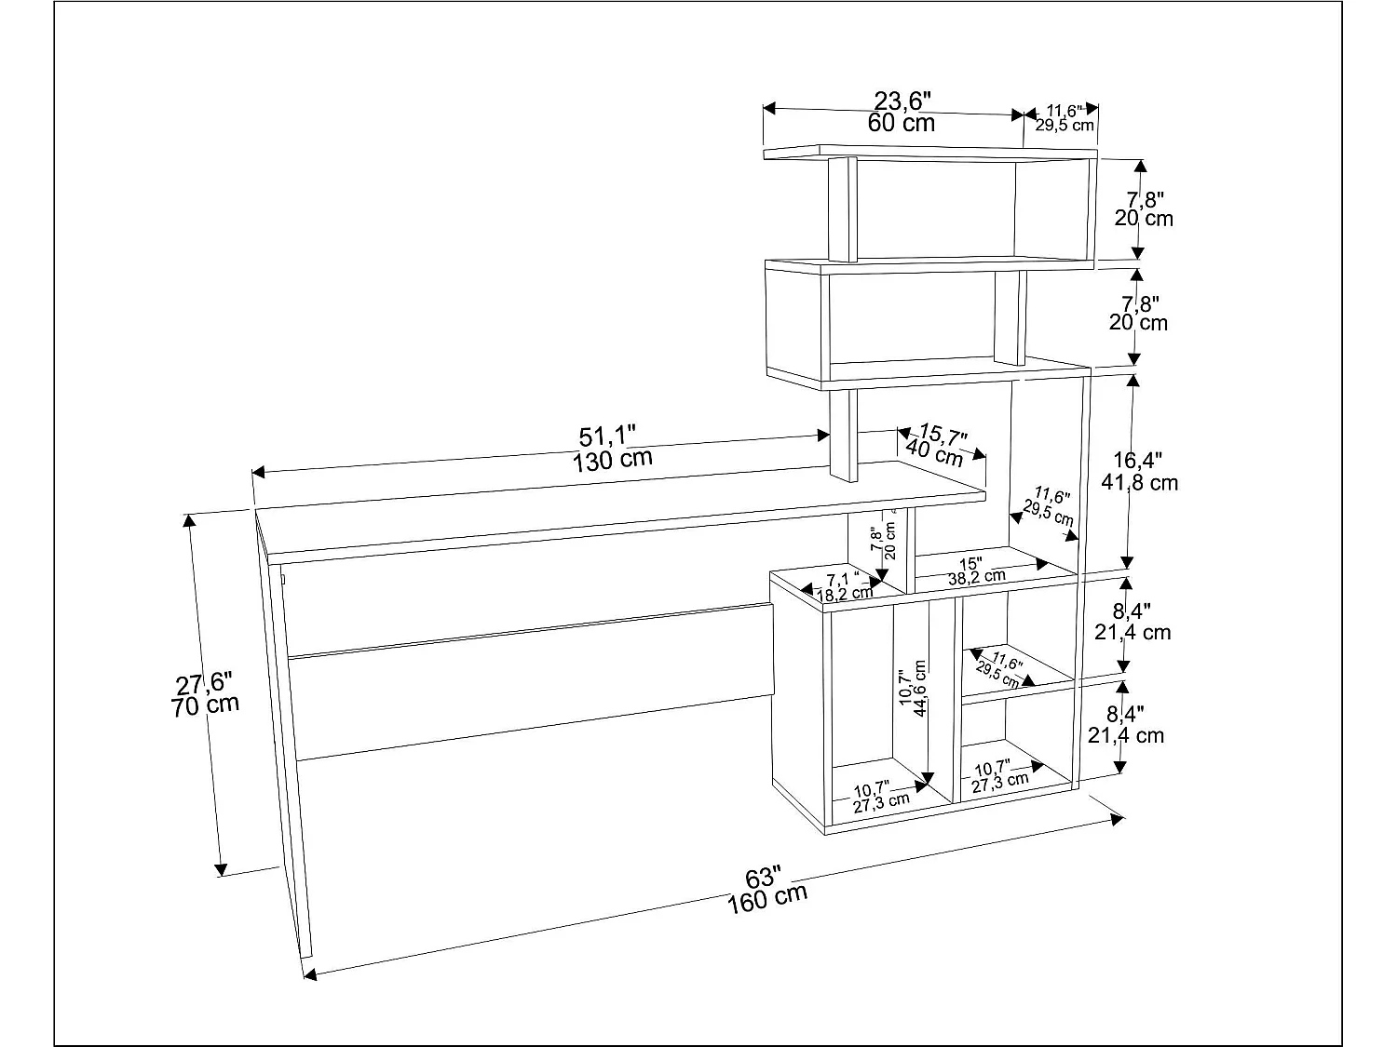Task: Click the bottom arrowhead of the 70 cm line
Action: pyautogui.click(x=221, y=869)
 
